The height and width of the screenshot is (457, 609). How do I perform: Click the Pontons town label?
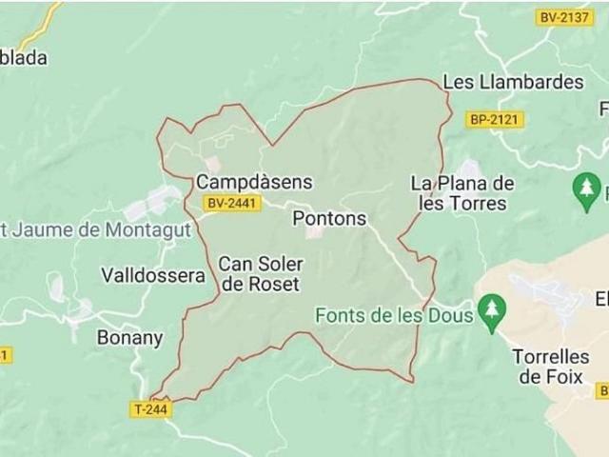(x=329, y=218)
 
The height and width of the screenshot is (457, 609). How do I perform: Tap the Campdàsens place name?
(x=254, y=181)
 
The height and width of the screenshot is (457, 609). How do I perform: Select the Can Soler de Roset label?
(x=259, y=273)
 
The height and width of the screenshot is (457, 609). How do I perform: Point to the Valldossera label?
(x=152, y=275)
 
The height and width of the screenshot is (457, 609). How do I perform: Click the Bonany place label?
(x=129, y=337)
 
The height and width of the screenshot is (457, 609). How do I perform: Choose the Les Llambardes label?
(x=513, y=82)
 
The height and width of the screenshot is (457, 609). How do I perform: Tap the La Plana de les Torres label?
(x=462, y=192)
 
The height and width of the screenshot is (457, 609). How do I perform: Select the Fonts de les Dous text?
(x=394, y=315)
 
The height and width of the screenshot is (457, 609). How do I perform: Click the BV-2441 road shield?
(x=232, y=203)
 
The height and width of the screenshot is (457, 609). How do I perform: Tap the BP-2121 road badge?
(x=496, y=120)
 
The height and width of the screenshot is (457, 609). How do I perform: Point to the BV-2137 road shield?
(x=565, y=17)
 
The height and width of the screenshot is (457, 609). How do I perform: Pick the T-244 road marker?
(x=150, y=409)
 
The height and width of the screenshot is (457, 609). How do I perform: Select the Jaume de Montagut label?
(x=95, y=228)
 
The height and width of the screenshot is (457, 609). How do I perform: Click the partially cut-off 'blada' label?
(x=23, y=57)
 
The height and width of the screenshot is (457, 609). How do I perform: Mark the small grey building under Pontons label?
(x=314, y=231)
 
